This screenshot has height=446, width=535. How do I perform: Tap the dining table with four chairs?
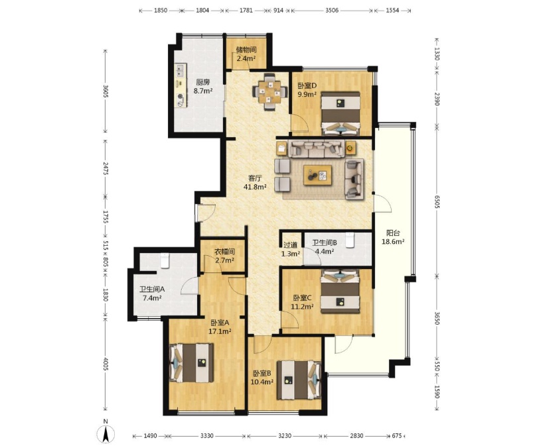pyautogui.click(x=269, y=91)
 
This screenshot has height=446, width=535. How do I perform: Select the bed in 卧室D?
pyautogui.click(x=341, y=113)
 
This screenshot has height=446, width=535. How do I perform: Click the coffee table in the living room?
pyautogui.click(x=318, y=175)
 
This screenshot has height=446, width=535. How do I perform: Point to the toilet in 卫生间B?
pyautogui.click(x=350, y=240)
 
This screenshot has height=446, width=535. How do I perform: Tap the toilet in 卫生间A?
pyautogui.click(x=165, y=260)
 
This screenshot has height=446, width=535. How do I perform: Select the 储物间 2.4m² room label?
pyautogui.click(x=246, y=54)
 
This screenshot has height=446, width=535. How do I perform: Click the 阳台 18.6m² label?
pyautogui.click(x=393, y=237)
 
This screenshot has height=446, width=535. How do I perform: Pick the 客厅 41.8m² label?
pyautogui.click(x=255, y=182)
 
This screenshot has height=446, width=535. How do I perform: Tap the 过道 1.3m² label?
pyautogui.click(x=290, y=249)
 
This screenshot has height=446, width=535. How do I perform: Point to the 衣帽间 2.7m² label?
pyautogui.click(x=224, y=256)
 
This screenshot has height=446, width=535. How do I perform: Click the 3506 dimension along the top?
pyautogui.click(x=332, y=10)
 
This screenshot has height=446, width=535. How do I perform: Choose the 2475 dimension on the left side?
pyautogui.click(x=105, y=168)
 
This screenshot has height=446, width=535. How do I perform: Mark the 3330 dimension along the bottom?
pyautogui.click(x=207, y=436)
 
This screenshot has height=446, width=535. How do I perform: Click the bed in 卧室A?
pyautogui.click(x=192, y=362)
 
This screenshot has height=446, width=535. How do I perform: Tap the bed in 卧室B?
pyautogui.click(x=299, y=380)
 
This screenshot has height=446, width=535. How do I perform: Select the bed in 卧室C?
pyautogui.click(x=340, y=291)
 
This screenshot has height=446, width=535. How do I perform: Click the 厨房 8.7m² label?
pyautogui.click(x=203, y=87)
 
